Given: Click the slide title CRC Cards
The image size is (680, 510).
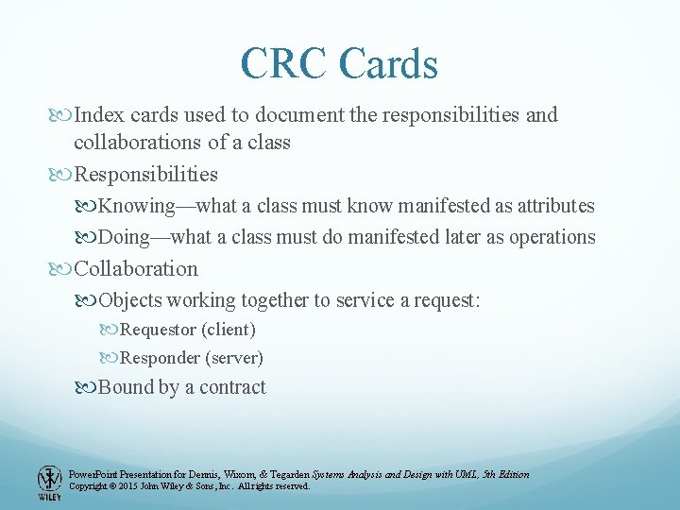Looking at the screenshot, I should click(339, 64).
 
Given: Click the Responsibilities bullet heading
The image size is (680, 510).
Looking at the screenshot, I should click(145, 175).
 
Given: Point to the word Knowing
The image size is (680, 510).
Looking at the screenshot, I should click(137, 206).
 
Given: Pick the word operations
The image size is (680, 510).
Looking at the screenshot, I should click(552, 237).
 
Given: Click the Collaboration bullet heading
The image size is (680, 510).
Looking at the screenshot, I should click(136, 269).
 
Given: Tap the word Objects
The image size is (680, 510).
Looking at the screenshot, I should click(130, 300).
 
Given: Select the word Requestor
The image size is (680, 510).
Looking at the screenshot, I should click(158, 330).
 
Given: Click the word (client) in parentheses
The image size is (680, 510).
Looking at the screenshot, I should click(228, 330).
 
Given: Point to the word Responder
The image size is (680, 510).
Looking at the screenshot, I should click(160, 358).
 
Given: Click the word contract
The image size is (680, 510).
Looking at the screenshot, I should click(232, 387).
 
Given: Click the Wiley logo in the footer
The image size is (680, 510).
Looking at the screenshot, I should click(48, 483).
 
